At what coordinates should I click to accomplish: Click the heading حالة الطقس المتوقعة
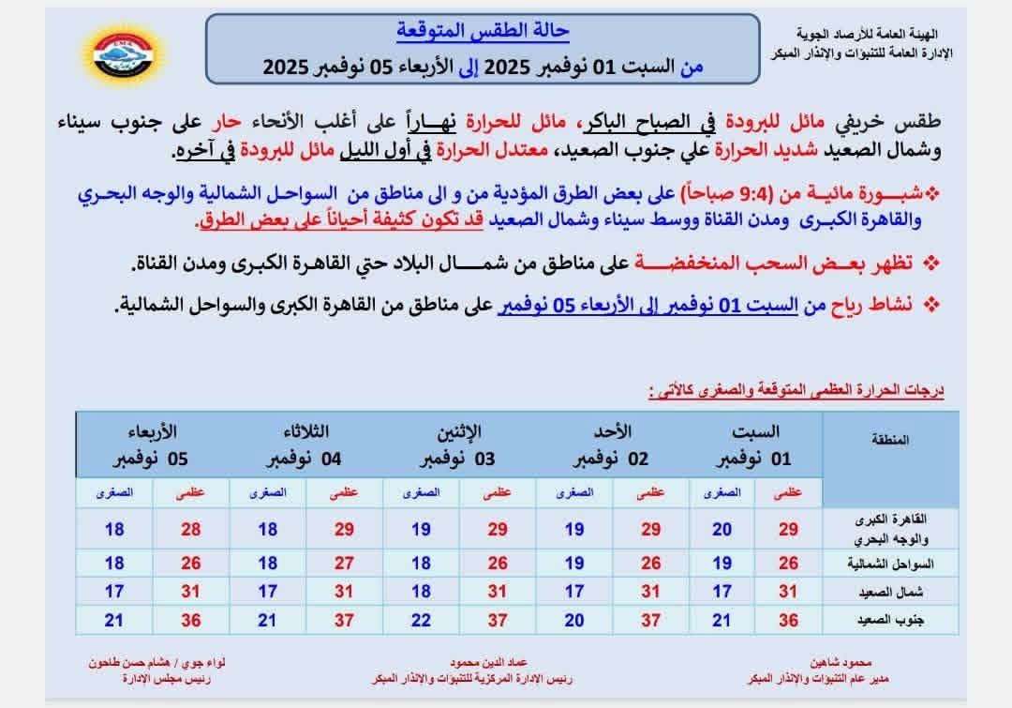click(x=480, y=31)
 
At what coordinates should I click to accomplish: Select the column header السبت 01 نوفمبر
click(x=754, y=445)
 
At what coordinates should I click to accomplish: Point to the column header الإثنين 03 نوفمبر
click(x=459, y=445)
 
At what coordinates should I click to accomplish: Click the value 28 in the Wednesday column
click(x=191, y=530)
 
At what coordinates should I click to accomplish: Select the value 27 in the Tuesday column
click(x=344, y=564)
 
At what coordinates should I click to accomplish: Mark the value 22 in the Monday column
click(x=422, y=620)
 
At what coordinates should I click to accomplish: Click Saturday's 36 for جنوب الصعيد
click(x=789, y=620)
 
